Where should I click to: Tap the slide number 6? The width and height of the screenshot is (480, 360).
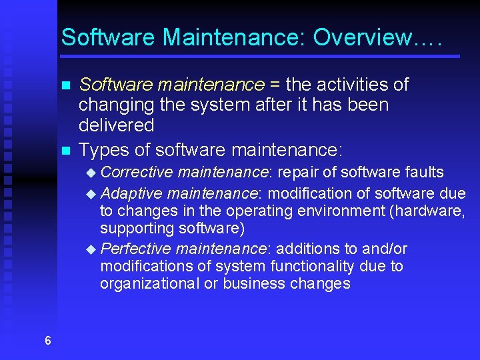click(x=47, y=341)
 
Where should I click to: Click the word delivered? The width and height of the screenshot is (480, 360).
click(x=116, y=125)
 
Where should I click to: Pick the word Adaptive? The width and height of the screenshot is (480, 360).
click(x=132, y=193)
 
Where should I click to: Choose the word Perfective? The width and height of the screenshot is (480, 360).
click(x=135, y=249)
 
